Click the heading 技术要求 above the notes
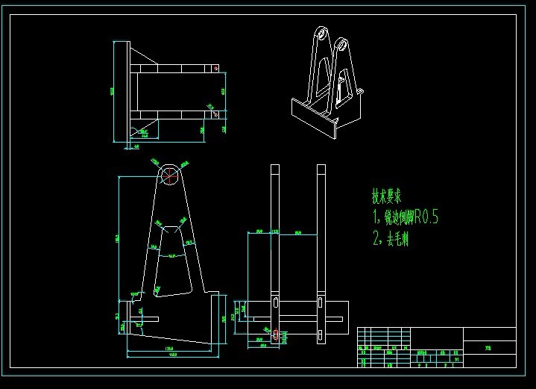pyautogui.click(x=388, y=197)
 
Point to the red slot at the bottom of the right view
pyautogui.click(x=275, y=335)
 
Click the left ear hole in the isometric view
pyautogui.click(x=321, y=34)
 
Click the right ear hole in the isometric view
pyautogui.click(x=343, y=43)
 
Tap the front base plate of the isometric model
pyautogui.click(x=312, y=119)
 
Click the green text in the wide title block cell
pyautogui.click(x=488, y=347)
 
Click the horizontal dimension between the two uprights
pyautogui.click(x=298, y=233)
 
